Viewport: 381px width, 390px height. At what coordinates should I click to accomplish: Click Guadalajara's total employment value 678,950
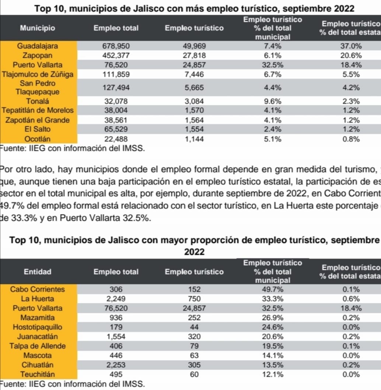click(x=116, y=46)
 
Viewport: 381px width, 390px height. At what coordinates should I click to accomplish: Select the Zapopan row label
click(x=38, y=56)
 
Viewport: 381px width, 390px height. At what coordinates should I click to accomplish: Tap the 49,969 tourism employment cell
click(x=194, y=46)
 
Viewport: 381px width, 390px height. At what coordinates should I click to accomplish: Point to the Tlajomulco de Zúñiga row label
click(x=38, y=74)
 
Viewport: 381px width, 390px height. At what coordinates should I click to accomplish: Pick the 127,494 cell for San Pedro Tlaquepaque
click(x=116, y=88)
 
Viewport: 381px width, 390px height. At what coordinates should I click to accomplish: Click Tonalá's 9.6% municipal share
click(x=273, y=101)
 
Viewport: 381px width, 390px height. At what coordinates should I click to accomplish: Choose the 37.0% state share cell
click(x=351, y=46)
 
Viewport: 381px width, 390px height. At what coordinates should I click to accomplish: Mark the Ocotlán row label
click(x=38, y=139)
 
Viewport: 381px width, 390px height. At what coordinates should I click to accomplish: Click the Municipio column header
click(x=38, y=28)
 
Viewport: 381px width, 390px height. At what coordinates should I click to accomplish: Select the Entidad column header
click(x=38, y=272)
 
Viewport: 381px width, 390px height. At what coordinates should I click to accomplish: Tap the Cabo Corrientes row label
click(x=38, y=289)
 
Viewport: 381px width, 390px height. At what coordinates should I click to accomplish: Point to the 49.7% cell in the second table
click(x=273, y=289)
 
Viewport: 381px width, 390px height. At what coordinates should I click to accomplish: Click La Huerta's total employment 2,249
click(x=116, y=299)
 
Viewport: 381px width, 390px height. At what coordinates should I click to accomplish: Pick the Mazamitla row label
click(x=38, y=318)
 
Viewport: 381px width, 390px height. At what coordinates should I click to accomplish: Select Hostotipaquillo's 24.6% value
click(x=273, y=327)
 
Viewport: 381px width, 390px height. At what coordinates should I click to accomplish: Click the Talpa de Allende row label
click(x=38, y=346)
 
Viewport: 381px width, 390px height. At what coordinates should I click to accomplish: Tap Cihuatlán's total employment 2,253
click(x=116, y=365)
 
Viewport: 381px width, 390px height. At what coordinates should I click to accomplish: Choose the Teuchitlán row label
click(x=38, y=375)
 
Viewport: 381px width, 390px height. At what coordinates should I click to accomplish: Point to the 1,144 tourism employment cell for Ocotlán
click(x=194, y=139)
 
